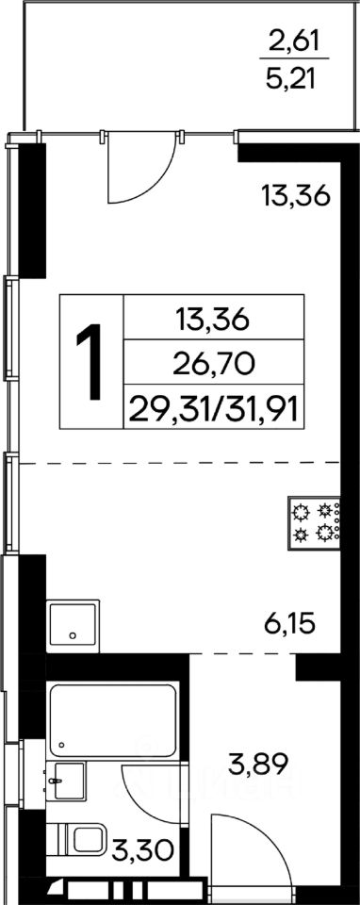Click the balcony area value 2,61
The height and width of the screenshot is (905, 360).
(294, 41)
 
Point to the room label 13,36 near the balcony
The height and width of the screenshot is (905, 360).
(295, 196)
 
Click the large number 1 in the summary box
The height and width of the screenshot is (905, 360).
(90, 361)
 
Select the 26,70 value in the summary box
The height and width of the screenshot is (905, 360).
(214, 364)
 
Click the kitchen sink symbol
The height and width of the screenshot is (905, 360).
(74, 626)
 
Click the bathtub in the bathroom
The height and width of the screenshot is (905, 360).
(113, 719)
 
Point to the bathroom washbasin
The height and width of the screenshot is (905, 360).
(65, 781)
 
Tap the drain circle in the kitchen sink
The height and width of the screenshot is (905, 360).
(73, 635)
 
